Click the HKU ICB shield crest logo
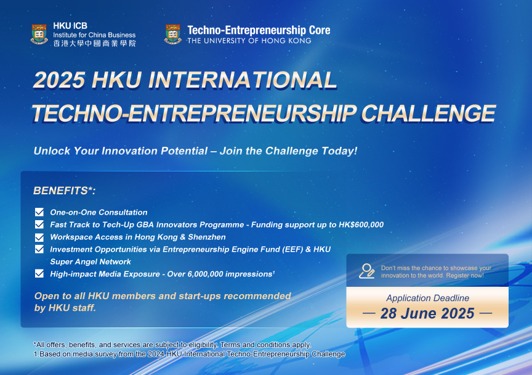pyautogui.click(x=39, y=34)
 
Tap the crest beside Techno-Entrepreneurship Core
pyautogui.click(x=173, y=34)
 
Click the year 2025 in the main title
pyautogui.click(x=59, y=80)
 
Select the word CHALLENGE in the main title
pyautogui.click(x=428, y=113)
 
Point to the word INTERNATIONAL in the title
pyautogui.click(x=242, y=80)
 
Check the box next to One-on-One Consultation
pyautogui.click(x=39, y=212)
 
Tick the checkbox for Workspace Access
pyautogui.click(x=39, y=237)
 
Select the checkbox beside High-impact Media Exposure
pyautogui.click(x=39, y=274)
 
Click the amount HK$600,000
pyautogui.click(x=361, y=225)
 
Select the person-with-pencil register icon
pyautogui.click(x=367, y=271)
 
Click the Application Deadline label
pyautogui.click(x=427, y=298)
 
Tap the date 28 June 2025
pyautogui.click(x=427, y=313)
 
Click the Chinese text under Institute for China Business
pyautogui.click(x=94, y=43)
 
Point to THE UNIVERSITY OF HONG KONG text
pyautogui.click(x=249, y=41)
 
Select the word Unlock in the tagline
pyautogui.click(x=52, y=151)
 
